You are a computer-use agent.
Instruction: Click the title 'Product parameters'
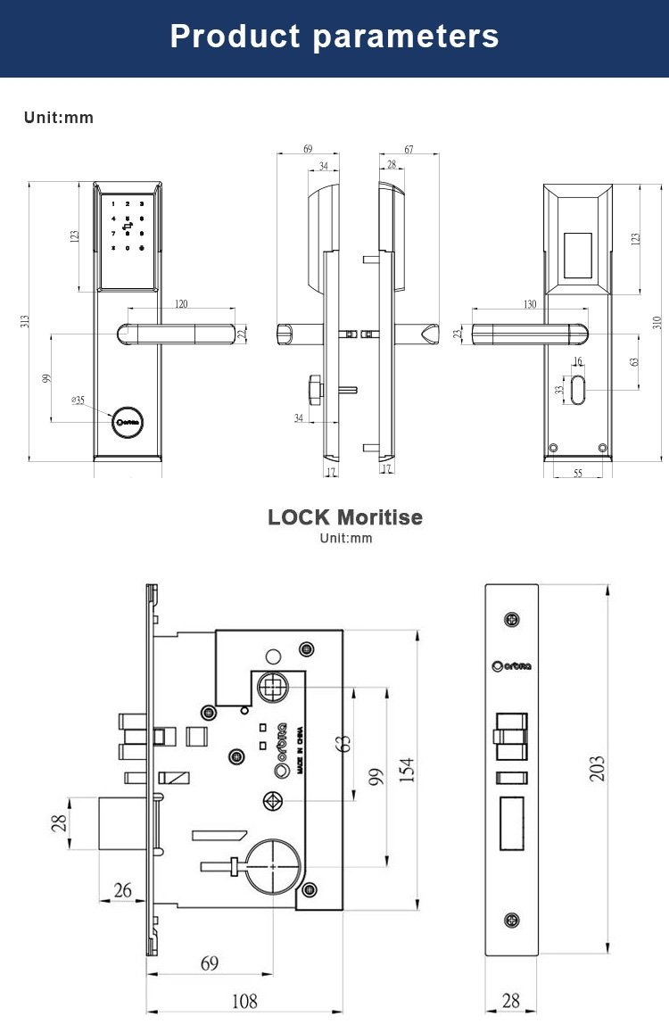[x=334, y=37]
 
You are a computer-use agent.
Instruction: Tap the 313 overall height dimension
[x=26, y=321]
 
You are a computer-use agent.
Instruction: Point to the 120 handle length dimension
[x=181, y=305]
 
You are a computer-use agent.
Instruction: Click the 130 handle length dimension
[x=530, y=305]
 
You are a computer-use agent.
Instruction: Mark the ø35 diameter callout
[x=78, y=400]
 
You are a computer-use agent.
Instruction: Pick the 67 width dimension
[x=409, y=150]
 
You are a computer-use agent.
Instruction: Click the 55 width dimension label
[x=577, y=473]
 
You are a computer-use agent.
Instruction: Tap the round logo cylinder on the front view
[x=127, y=421]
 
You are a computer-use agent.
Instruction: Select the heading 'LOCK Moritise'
[x=345, y=517]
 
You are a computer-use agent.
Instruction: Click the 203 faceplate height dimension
[x=598, y=768]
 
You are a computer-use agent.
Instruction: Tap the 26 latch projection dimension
[x=122, y=889]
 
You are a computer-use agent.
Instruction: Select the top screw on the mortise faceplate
[x=511, y=619]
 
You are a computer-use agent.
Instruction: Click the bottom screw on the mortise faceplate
[x=511, y=921]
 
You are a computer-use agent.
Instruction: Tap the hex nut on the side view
[x=313, y=389]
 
